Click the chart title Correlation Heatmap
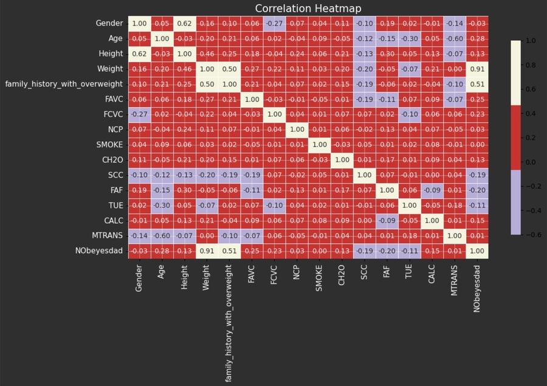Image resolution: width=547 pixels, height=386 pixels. click(x=308, y=9)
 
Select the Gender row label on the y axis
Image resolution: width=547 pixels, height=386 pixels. click(x=109, y=24)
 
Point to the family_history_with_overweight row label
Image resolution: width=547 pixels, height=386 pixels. click(x=64, y=84)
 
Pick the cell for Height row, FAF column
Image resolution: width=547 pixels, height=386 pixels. click(x=388, y=53)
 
